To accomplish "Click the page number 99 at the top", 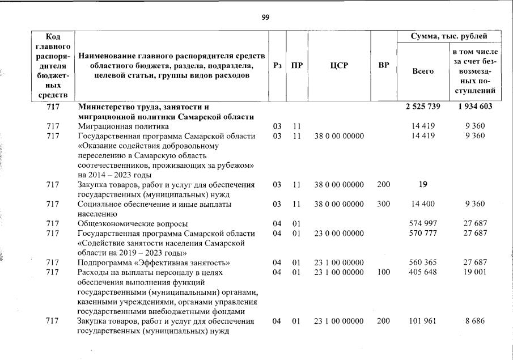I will click(x=265, y=17).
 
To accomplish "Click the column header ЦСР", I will click(x=338, y=65).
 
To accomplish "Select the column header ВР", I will click(x=384, y=65).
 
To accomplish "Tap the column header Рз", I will click(x=277, y=65).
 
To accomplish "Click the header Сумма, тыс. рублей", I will click(x=450, y=36).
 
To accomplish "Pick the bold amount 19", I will click(x=423, y=184).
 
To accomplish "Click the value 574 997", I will click(x=423, y=223).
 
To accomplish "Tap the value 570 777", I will click(x=423, y=233).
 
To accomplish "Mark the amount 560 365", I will click(x=423, y=262).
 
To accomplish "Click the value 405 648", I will click(x=423, y=272).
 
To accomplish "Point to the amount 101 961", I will click(x=423, y=321).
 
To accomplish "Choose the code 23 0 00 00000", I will click(x=338, y=233).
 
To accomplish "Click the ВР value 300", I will click(x=384, y=204).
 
